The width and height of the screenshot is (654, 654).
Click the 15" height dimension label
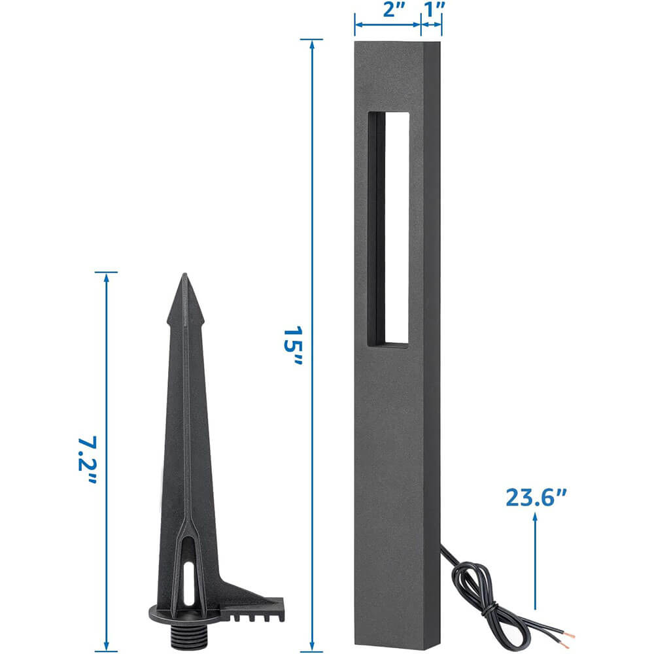(292, 346)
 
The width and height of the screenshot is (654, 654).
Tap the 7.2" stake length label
(88, 460)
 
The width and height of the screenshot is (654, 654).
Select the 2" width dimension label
(394, 10)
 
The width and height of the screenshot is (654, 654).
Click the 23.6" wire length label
(536, 497)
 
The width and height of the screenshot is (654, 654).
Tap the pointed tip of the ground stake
(184, 275)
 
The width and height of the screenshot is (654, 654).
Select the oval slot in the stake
(189, 583)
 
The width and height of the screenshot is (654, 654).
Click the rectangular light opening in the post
(388, 229)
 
